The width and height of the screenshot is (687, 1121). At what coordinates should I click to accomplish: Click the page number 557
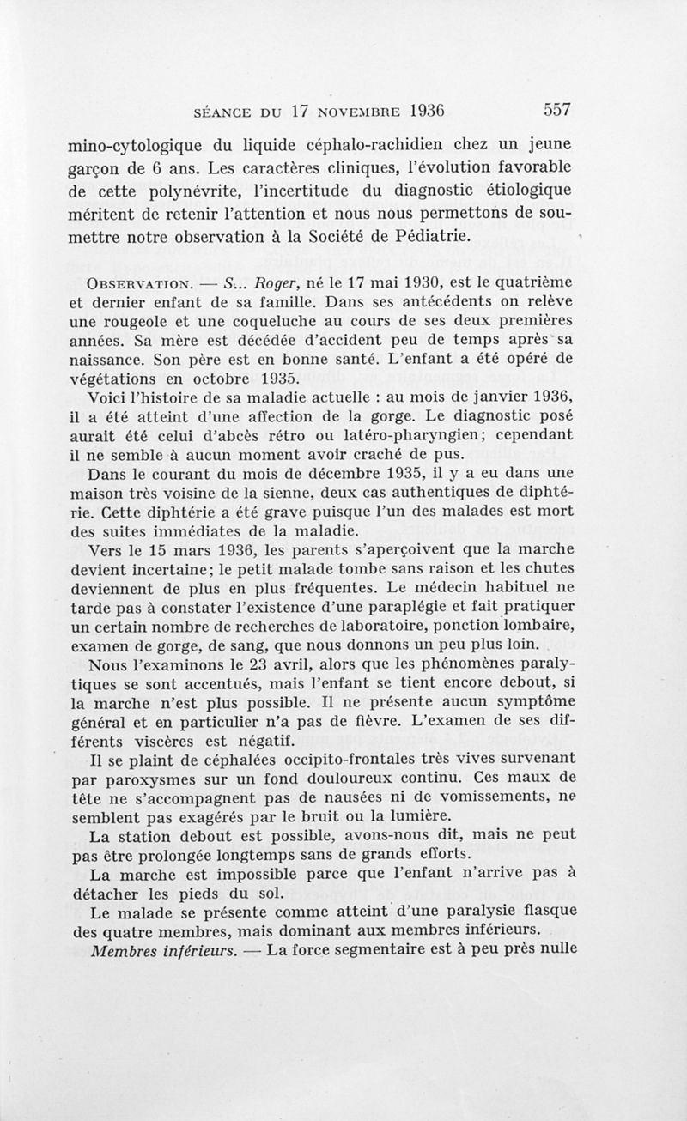click(557, 111)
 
